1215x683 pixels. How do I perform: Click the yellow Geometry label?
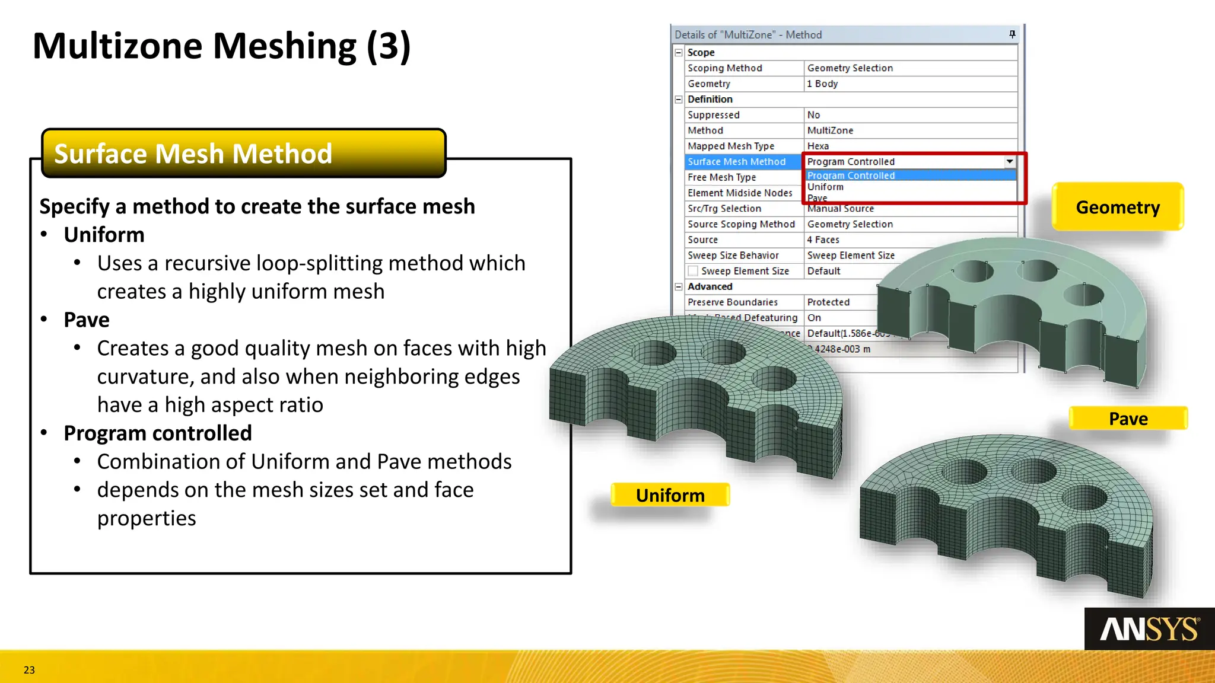click(1118, 207)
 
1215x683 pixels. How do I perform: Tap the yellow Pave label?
click(1128, 419)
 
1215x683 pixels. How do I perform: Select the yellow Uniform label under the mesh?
click(670, 495)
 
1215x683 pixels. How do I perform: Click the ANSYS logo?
click(1149, 629)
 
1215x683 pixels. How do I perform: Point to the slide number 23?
click(29, 670)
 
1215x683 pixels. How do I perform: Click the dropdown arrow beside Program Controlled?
click(1009, 161)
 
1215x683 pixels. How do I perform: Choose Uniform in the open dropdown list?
click(825, 187)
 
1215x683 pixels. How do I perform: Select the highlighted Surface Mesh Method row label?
click(736, 161)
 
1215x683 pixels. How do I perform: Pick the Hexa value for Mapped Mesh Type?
click(818, 146)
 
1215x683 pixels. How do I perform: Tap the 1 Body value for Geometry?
click(822, 84)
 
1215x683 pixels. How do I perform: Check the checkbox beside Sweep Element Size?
click(693, 271)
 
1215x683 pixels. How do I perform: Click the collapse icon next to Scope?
click(679, 53)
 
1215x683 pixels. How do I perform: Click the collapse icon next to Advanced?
click(679, 286)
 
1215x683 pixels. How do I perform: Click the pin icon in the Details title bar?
click(1012, 34)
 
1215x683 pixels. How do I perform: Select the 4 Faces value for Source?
click(823, 240)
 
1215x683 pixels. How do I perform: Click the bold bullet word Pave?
click(87, 320)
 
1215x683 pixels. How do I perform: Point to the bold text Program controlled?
click(158, 433)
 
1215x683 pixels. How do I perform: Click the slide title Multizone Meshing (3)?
click(221, 46)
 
